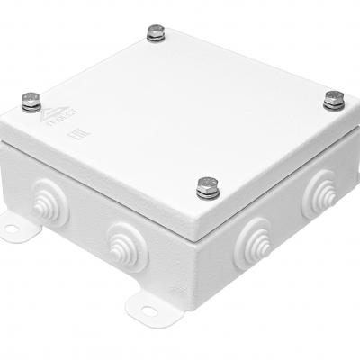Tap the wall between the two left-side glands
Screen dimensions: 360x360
(x=81, y=225)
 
